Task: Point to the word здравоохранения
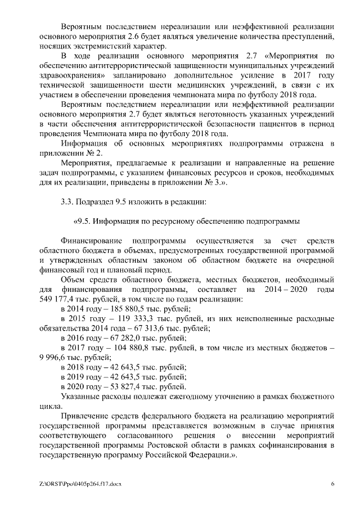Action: pyautogui.click(x=74, y=75)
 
